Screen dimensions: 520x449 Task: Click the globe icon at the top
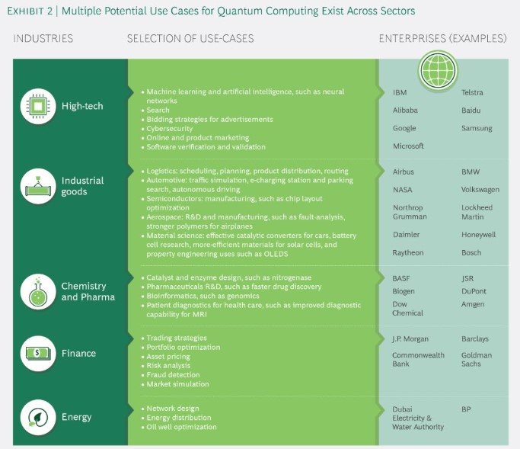coord(438,70)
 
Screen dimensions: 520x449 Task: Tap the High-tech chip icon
coord(38,106)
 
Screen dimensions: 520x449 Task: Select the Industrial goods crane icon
coord(38,186)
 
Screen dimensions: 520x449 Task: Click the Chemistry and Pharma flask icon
coord(38,292)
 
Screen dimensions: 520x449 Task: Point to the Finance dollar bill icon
coord(38,354)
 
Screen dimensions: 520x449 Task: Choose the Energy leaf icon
coord(38,417)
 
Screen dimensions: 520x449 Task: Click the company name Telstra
coord(472,92)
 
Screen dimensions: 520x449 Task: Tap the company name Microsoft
coord(408,146)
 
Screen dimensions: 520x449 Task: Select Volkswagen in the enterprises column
coord(480,190)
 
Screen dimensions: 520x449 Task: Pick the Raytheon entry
coord(408,253)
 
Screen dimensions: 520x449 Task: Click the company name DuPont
coord(474,291)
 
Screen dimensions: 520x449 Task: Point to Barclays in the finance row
coord(475,339)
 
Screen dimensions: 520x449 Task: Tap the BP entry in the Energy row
coord(466,409)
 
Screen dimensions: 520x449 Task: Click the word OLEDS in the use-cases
coord(276,254)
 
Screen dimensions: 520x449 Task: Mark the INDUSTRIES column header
coord(43,39)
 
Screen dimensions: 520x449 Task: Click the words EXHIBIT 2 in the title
coord(30,11)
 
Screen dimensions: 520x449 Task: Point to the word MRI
coord(199,314)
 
